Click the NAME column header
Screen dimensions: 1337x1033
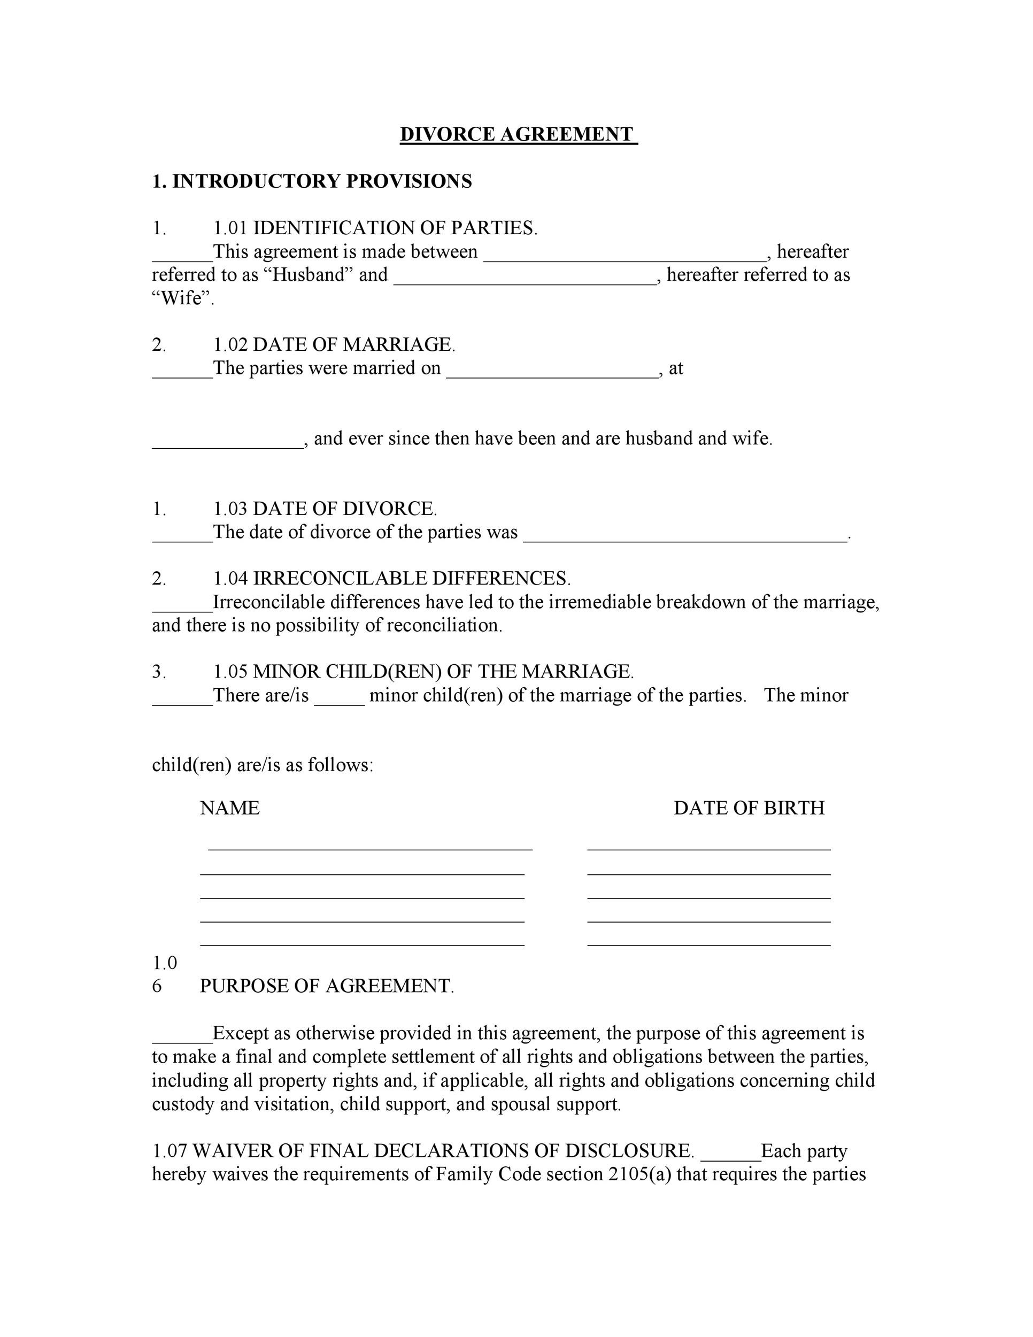coord(229,808)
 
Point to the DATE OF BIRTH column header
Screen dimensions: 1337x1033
coord(749,808)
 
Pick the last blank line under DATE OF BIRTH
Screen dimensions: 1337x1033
coord(708,944)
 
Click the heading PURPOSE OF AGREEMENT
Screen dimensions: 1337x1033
coord(327,986)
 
